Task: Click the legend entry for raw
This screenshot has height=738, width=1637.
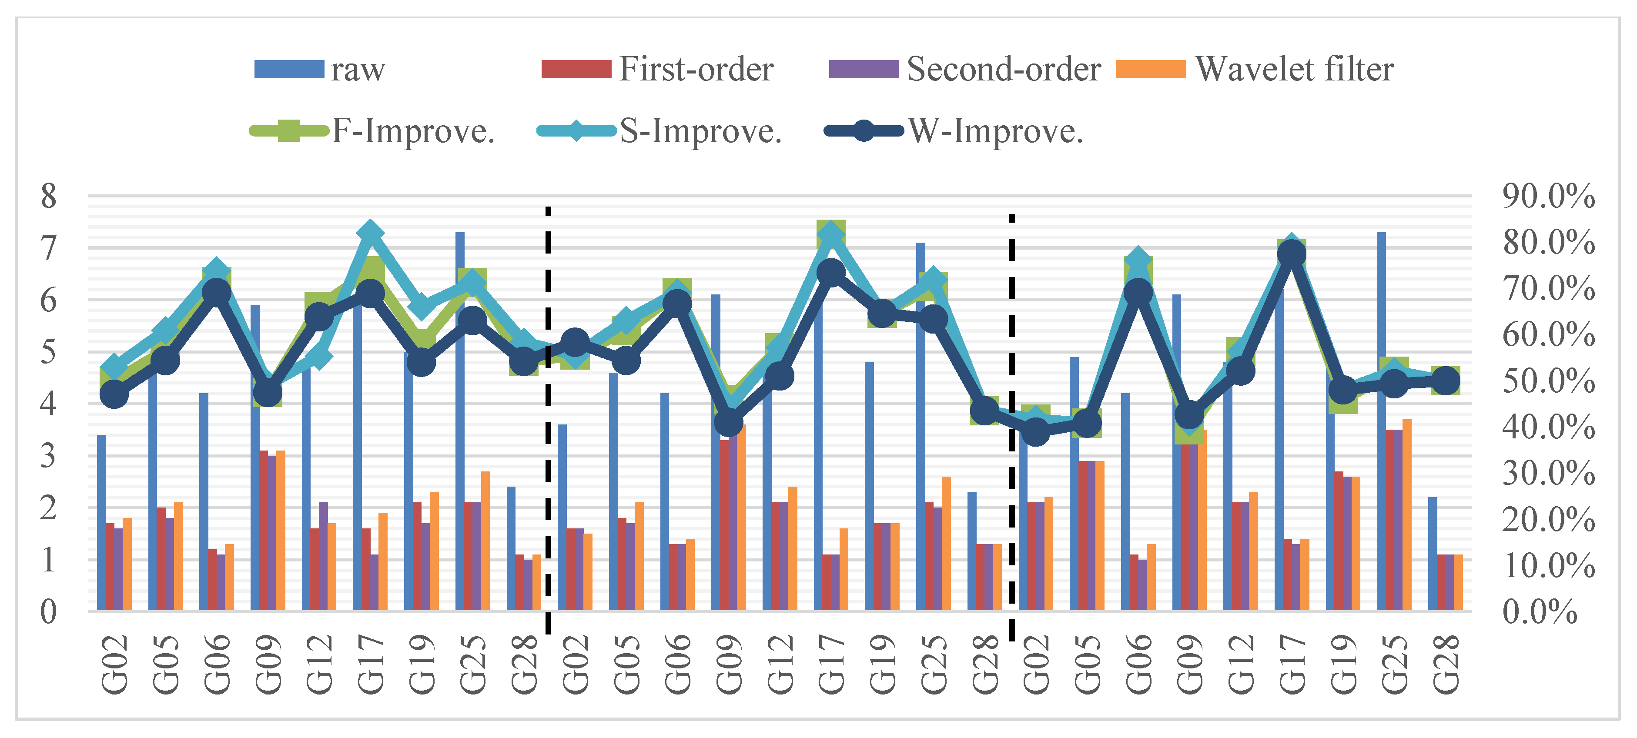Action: point(320,69)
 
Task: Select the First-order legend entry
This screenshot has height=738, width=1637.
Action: point(658,69)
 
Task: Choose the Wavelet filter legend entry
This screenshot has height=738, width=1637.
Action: point(1255,69)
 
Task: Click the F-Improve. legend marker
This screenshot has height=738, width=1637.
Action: point(289,131)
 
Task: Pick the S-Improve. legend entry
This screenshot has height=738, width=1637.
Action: point(659,131)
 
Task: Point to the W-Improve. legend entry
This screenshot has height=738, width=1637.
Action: point(953,131)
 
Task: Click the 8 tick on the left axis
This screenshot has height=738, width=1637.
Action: point(48,196)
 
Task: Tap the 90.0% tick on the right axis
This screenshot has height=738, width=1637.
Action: point(1548,196)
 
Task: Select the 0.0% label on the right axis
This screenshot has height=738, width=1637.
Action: point(1539,611)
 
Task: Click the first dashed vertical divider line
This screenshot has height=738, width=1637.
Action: point(548,419)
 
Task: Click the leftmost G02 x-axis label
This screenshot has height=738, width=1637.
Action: point(114,664)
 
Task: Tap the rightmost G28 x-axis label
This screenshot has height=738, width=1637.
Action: point(1446,664)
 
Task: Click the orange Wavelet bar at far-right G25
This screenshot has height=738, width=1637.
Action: point(1407,514)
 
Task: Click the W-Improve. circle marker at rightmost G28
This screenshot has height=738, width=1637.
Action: point(1446,381)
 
